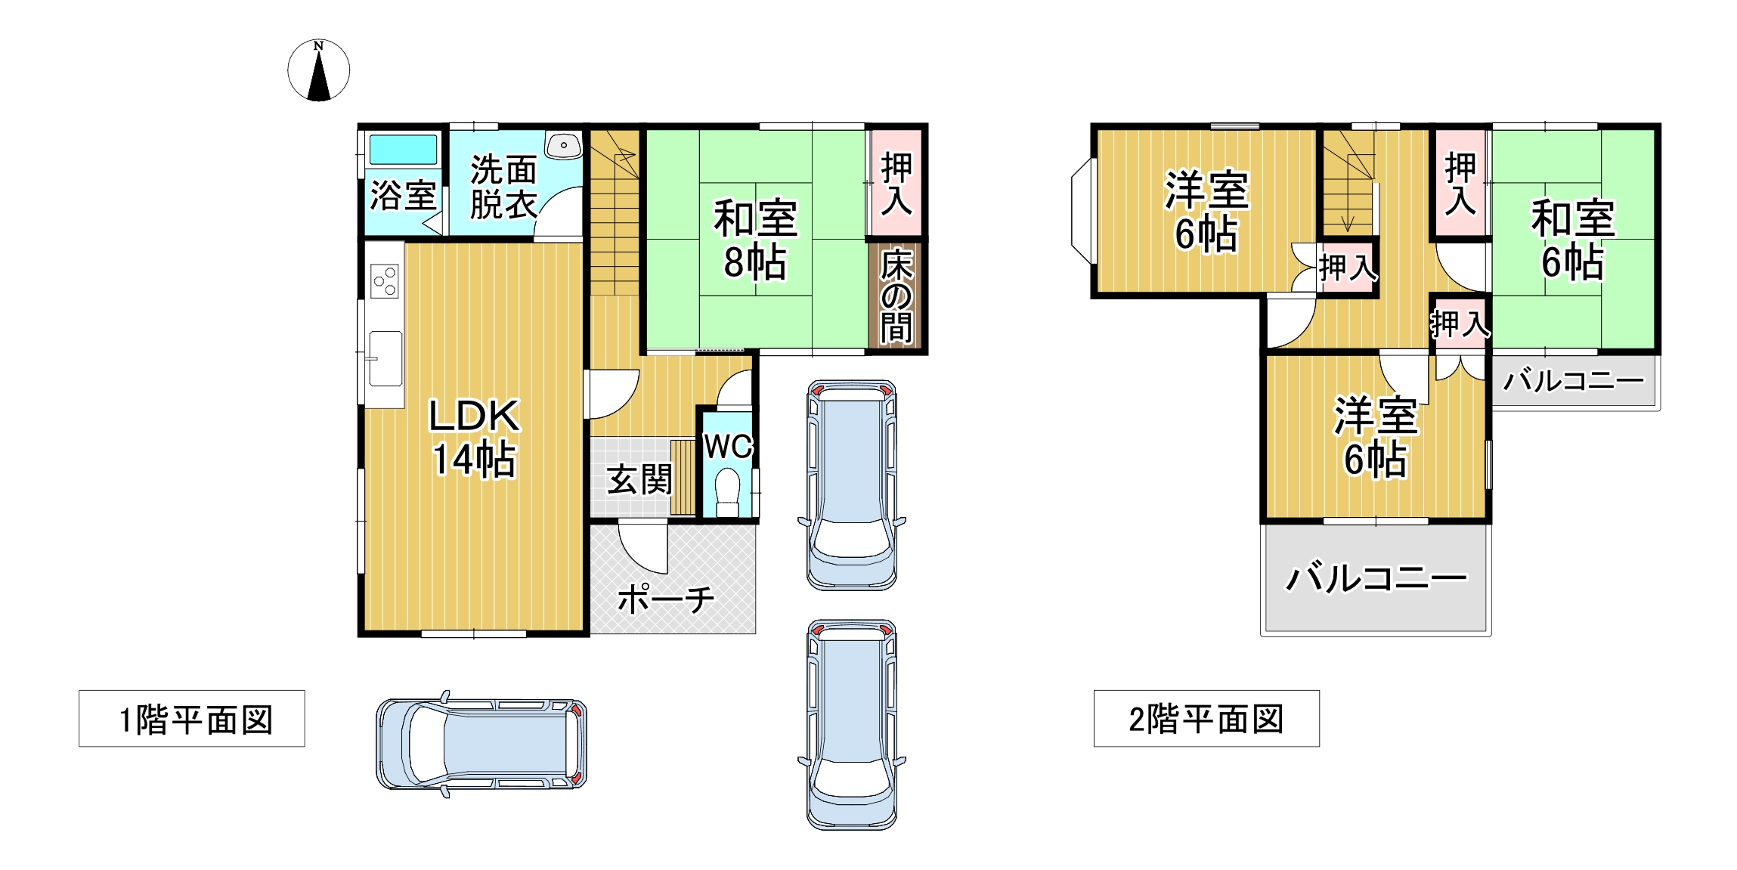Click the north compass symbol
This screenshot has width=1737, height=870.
tap(318, 70)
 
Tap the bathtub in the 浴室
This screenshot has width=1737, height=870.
tap(403, 150)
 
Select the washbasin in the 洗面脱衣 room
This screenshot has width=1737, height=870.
tap(563, 145)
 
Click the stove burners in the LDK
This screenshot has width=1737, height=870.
tap(384, 281)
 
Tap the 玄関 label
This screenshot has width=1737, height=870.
tap(639, 480)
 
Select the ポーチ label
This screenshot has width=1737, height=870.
tap(666, 599)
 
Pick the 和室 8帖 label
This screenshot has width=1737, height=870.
tap(755, 240)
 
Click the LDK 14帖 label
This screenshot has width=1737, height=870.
tap(474, 438)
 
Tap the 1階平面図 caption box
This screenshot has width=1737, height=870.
tap(192, 718)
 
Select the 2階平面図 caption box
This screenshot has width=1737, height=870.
tap(1206, 718)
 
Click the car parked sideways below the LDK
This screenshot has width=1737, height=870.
tap(481, 744)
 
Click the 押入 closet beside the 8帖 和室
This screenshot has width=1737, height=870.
tap(896, 182)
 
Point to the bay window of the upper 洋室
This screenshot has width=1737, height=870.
tap(1082, 211)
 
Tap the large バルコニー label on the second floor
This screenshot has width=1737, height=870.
tap(1376, 578)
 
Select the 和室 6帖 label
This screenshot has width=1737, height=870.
tap(1573, 240)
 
